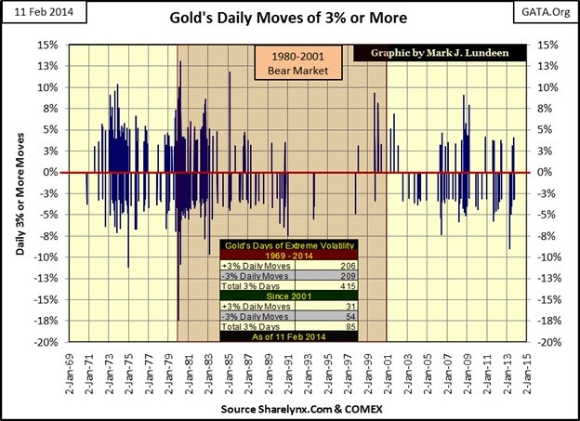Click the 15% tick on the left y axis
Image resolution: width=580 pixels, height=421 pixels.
[48, 45]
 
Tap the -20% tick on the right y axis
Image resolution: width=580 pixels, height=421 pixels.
[546, 342]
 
